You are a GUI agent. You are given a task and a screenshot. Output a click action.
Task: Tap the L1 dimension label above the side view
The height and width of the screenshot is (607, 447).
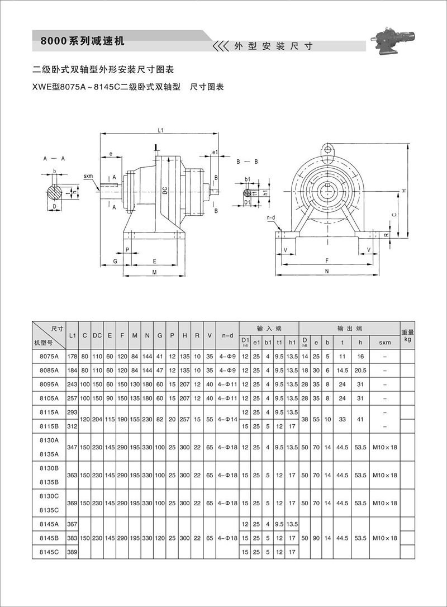tap(160, 130)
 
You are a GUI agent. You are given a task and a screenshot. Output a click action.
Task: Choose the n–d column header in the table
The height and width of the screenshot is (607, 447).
tap(227, 335)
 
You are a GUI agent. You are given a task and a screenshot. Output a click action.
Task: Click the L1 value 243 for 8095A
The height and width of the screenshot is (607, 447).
tap(72, 385)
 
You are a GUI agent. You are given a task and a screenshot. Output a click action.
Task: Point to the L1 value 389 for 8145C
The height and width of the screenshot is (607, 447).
tap(72, 552)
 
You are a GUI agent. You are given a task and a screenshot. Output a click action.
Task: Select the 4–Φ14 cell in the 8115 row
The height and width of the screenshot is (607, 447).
tap(227, 419)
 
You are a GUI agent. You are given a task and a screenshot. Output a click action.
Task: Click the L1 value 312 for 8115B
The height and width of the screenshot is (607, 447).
tap(72, 426)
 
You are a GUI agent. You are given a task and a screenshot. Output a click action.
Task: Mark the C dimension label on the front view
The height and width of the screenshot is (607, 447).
tap(394, 215)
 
